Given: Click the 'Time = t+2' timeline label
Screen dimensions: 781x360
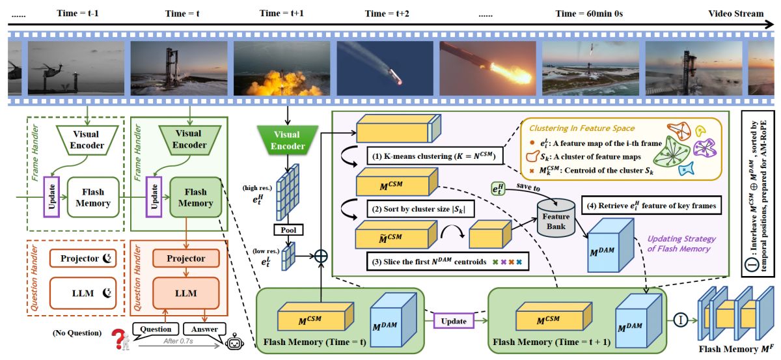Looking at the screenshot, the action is point(387,14).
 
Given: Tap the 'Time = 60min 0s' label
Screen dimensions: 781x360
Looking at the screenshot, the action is point(589,14).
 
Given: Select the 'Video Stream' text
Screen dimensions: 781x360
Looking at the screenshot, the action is point(735,14).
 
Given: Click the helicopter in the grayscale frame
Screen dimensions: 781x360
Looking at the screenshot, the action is point(51,69).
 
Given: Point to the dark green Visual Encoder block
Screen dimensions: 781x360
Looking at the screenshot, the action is point(287,140).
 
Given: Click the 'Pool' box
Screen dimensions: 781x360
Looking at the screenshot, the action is point(288,230).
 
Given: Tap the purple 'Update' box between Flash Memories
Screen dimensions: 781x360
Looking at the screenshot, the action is point(454,321).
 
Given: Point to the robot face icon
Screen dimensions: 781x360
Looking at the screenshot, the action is point(234,342).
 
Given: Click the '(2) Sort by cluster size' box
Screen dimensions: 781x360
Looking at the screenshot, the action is point(420,209).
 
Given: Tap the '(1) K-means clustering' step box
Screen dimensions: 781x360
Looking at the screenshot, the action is point(435,156).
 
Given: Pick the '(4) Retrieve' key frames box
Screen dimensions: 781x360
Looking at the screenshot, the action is point(651,206).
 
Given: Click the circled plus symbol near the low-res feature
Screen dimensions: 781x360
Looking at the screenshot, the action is point(321,256).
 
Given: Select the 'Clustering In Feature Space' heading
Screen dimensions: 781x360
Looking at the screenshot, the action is point(582,128).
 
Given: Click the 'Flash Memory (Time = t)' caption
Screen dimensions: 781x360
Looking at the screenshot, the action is point(314,342).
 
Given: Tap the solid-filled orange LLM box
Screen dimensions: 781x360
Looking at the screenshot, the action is point(186,293).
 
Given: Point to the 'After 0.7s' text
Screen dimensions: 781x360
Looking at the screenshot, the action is point(178,341).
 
